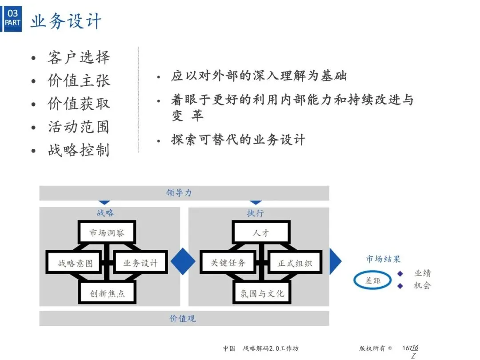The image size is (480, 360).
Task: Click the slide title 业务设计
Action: point(66,20)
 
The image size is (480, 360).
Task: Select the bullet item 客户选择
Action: point(79,57)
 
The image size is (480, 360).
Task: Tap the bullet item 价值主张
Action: point(79,80)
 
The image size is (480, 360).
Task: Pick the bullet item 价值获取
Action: point(79,104)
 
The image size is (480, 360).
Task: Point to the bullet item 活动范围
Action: point(79,127)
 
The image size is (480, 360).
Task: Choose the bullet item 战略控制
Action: point(79,150)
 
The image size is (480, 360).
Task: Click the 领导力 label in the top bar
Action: point(179,193)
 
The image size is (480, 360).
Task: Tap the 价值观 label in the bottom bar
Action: point(183,318)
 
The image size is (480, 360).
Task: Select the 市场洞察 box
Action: point(107,232)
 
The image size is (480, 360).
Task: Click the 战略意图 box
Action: point(75,263)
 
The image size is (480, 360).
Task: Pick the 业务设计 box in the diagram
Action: point(140,263)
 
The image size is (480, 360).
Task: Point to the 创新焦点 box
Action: point(107,293)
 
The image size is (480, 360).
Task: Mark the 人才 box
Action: point(261,232)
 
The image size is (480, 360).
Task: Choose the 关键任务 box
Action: point(228,263)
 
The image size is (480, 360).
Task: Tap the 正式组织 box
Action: point(295,263)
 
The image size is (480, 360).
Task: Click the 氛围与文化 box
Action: point(262,293)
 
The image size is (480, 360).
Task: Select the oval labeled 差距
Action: point(373,280)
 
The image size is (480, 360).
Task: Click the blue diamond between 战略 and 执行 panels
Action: point(183,261)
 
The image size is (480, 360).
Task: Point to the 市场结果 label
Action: point(383,259)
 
